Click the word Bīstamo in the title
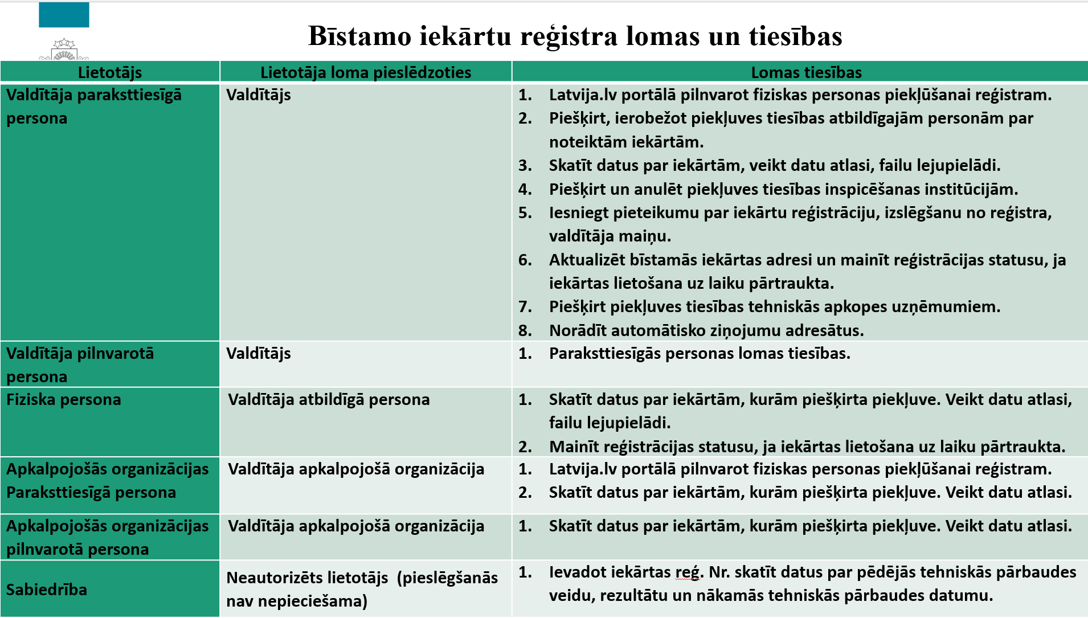[x=359, y=36]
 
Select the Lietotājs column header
[x=110, y=72]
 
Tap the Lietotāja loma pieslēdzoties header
[x=366, y=72]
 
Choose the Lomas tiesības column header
[x=806, y=72]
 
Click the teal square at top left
[x=64, y=15]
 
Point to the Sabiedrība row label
[x=47, y=590]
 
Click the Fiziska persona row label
[x=64, y=400]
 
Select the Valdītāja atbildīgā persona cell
[x=329, y=400]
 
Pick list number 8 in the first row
[x=525, y=330]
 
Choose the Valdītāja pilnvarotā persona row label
[x=80, y=365]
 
